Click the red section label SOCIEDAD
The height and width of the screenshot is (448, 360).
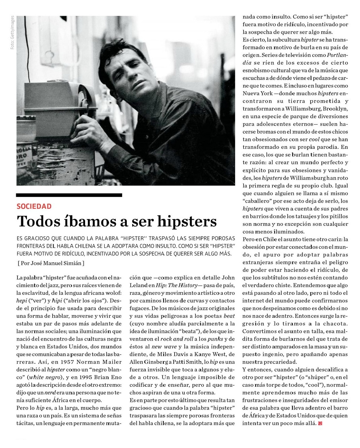(34, 206)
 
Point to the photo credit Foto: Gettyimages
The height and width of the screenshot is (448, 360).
(12, 33)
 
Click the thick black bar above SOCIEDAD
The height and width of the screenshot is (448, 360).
(69, 195)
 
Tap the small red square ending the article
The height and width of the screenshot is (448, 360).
(320, 423)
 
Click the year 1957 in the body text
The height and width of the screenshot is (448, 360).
(67, 362)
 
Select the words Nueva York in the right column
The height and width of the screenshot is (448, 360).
(256, 93)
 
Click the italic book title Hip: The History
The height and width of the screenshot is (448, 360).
(177, 285)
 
